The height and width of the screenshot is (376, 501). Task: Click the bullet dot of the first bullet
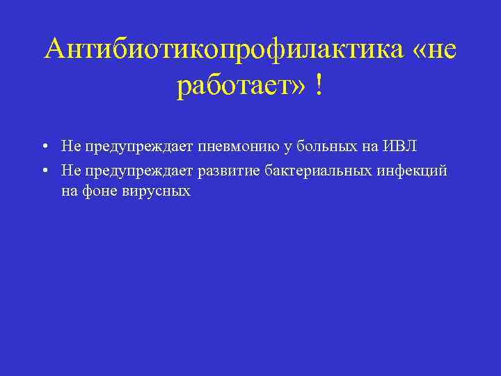tap(44, 146)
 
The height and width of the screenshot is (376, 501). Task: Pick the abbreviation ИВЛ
tap(399, 146)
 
